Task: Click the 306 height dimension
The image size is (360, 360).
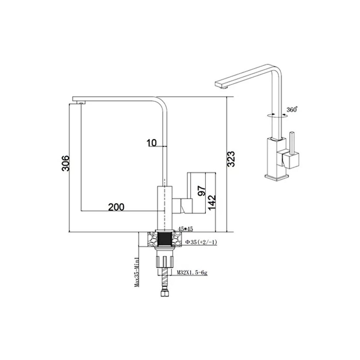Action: click(x=65, y=163)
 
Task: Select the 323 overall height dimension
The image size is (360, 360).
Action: click(x=231, y=159)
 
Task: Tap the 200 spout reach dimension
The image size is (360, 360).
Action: click(x=116, y=207)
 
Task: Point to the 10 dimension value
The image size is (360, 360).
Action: click(x=152, y=143)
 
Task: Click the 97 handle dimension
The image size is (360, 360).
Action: click(x=202, y=191)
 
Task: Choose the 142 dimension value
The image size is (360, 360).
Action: click(x=212, y=202)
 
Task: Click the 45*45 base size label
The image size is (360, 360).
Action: click(x=186, y=229)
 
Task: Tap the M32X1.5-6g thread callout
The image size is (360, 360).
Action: click(x=192, y=272)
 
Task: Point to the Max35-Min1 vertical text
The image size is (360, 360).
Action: click(x=137, y=272)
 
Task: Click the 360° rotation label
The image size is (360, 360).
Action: click(x=292, y=110)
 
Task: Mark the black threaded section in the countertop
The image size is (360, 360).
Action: click(x=164, y=239)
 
